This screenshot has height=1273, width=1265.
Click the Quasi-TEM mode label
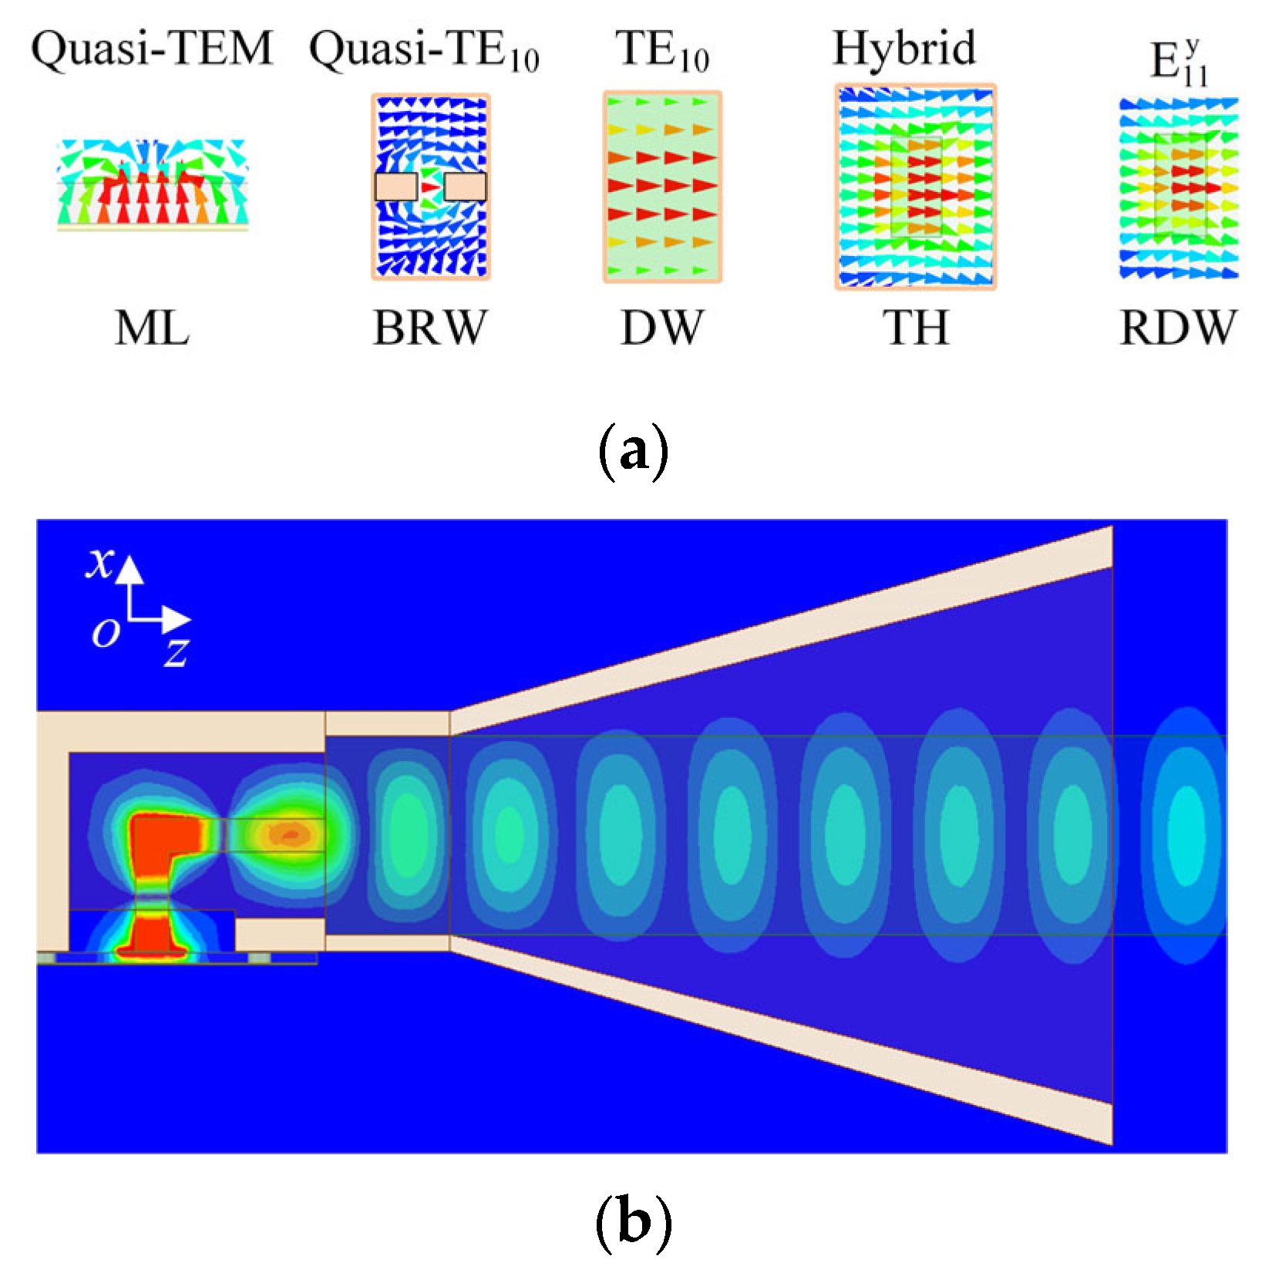152,49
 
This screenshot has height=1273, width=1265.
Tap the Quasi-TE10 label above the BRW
423,51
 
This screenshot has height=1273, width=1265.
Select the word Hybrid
903,49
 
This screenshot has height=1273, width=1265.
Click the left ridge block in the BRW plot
396,187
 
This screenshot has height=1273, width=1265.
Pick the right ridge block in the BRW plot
465,187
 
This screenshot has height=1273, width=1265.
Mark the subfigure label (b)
633,1221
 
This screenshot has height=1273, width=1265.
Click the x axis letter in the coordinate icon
100,563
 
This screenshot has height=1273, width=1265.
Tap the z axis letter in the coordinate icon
177,652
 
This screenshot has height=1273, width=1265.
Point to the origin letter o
106,633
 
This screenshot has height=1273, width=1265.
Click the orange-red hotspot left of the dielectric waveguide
289,834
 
